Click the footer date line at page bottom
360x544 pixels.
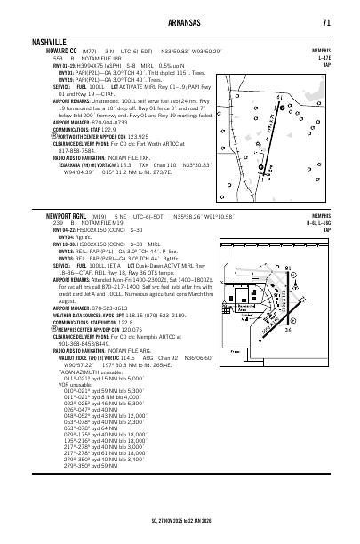180,537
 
